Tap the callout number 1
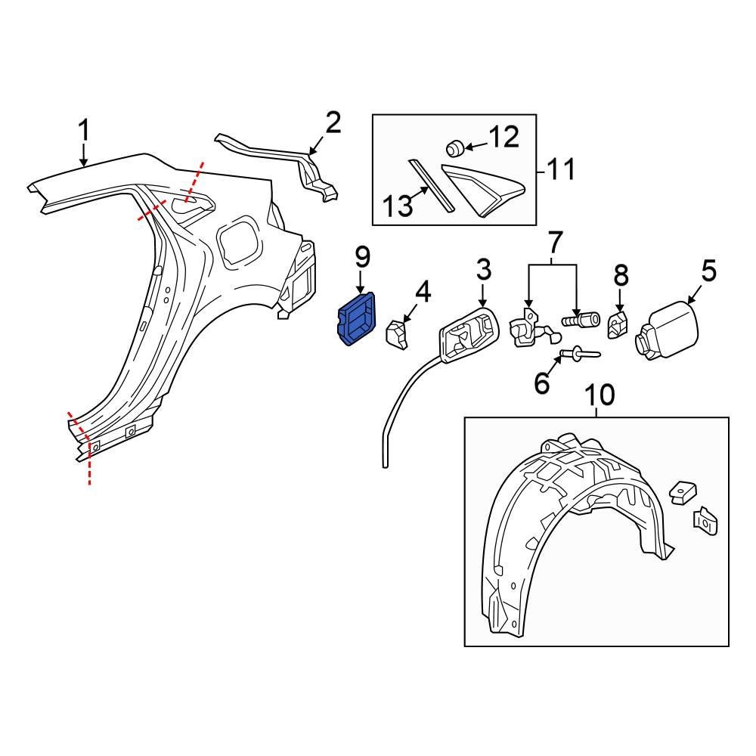coord(85,131)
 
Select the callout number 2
coord(333,123)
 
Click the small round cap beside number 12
coord(456,145)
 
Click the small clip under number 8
coord(618,326)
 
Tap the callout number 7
coord(554,243)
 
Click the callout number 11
coord(560,169)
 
